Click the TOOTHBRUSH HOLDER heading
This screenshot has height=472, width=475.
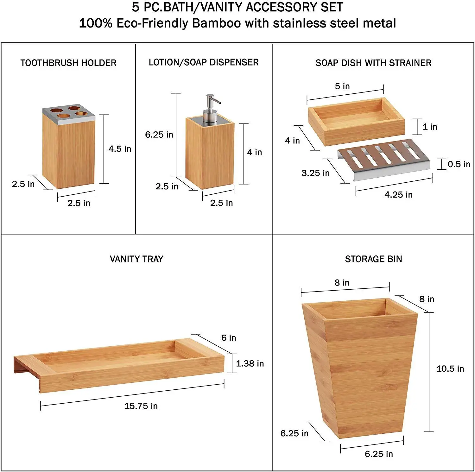tap(68, 63)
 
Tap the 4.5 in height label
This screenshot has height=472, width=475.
tap(120, 149)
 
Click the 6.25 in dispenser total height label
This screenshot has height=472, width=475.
tap(159, 135)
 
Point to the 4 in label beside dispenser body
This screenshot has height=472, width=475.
tap(254, 152)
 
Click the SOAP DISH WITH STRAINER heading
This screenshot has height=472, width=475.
tap(373, 63)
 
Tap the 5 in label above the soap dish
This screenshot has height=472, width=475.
tap(342, 86)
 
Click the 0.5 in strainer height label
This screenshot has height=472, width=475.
tap(459, 164)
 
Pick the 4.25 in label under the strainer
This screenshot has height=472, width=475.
tap(398, 195)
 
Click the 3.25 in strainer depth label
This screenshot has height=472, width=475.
tap(315, 173)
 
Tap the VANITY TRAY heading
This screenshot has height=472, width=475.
tap(136, 259)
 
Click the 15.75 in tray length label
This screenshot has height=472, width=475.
tap(141, 406)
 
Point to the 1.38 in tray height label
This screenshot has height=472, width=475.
tap(250, 363)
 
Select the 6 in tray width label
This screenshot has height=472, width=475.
tap(229, 338)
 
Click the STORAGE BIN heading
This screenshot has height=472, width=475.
tap(373, 259)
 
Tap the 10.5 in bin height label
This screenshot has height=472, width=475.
tap(450, 369)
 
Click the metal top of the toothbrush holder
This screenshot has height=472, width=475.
tap(69, 114)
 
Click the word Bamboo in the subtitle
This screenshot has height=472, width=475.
tap(216, 23)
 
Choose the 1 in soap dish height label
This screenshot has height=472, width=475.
tap(430, 127)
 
